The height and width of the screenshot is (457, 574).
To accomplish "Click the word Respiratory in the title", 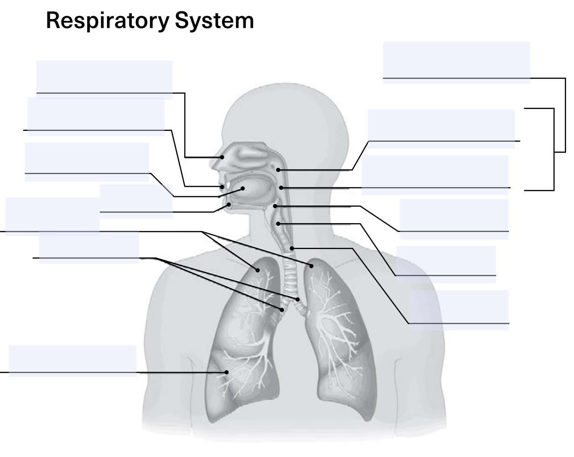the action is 108,21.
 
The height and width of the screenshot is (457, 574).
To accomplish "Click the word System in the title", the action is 215,21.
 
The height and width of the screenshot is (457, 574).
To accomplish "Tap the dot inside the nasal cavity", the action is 222,157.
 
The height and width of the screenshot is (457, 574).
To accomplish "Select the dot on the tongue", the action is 243,189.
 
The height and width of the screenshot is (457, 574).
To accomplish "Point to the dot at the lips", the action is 222,187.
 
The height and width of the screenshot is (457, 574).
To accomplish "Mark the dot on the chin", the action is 229,205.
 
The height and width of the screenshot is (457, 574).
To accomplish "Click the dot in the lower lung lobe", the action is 226,372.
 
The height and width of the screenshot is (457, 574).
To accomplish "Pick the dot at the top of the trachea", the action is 292,248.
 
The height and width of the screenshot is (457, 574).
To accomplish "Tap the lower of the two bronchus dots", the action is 282,310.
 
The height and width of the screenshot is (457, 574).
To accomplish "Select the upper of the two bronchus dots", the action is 297,300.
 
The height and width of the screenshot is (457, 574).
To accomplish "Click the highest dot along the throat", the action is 278,170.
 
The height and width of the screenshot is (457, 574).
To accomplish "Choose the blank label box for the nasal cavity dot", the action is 104,80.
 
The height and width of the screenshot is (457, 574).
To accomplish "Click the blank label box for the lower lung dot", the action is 73,361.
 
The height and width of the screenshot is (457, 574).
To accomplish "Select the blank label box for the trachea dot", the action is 459,310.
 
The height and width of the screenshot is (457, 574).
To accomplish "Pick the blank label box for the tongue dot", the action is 87,162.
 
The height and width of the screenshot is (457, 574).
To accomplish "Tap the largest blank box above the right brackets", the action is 457,63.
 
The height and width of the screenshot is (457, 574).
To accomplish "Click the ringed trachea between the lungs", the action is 290,278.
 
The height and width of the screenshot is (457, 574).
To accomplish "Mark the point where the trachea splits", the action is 291,301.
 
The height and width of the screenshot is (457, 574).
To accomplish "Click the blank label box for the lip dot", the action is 96,116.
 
